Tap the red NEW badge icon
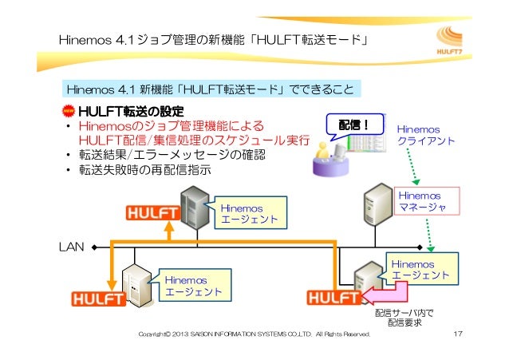[69, 109]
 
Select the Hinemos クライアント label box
[427, 133]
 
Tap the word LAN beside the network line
[73, 247]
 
